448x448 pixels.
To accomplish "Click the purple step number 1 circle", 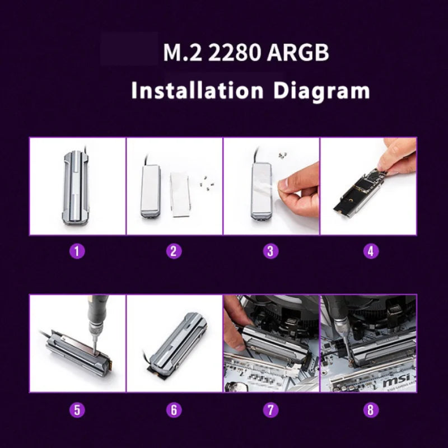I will pyautogui.click(x=77, y=251).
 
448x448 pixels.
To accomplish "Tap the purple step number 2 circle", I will pyautogui.click(x=174, y=251).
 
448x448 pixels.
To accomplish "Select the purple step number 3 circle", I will pyautogui.click(x=271, y=251).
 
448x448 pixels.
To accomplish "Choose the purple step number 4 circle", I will pyautogui.click(x=368, y=251).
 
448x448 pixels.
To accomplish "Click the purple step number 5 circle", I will pyautogui.click(x=77, y=409).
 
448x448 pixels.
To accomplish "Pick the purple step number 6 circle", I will pyautogui.click(x=174, y=409).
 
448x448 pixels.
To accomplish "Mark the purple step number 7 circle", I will pyautogui.click(x=271, y=409).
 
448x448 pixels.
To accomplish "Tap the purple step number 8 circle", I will pyautogui.click(x=368, y=409).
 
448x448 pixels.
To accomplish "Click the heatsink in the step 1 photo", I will pyautogui.click(x=77, y=186).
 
